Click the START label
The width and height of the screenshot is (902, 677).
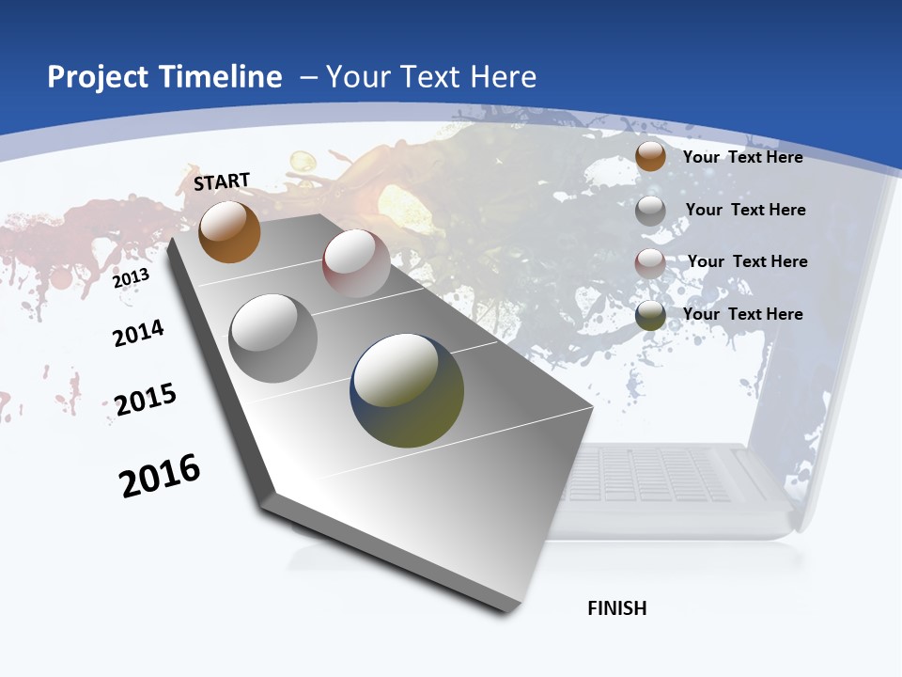coord(222,181)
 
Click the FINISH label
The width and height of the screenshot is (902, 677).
coord(616,608)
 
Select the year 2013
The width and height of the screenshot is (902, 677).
coord(132,278)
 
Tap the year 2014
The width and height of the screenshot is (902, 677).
coord(138,333)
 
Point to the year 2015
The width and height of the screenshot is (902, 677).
coord(146,400)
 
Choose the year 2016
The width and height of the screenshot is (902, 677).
coord(160,476)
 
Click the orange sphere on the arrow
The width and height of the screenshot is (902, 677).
coord(229,232)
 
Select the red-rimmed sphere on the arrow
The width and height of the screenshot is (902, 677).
coord(356,263)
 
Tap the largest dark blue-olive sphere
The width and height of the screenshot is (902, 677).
coord(407,390)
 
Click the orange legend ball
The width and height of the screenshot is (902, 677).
coord(650,156)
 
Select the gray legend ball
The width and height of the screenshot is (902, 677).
coord(650,211)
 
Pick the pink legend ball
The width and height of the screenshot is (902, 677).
coord(650,262)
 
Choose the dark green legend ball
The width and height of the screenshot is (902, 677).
coord(650,315)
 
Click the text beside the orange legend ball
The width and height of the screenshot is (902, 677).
coord(742,157)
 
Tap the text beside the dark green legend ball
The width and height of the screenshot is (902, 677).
coord(742,314)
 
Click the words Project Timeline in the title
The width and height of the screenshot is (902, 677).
coord(164,77)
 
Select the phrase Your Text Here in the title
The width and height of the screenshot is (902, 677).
coord(430,77)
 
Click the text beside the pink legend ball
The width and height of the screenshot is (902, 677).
coord(747,261)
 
